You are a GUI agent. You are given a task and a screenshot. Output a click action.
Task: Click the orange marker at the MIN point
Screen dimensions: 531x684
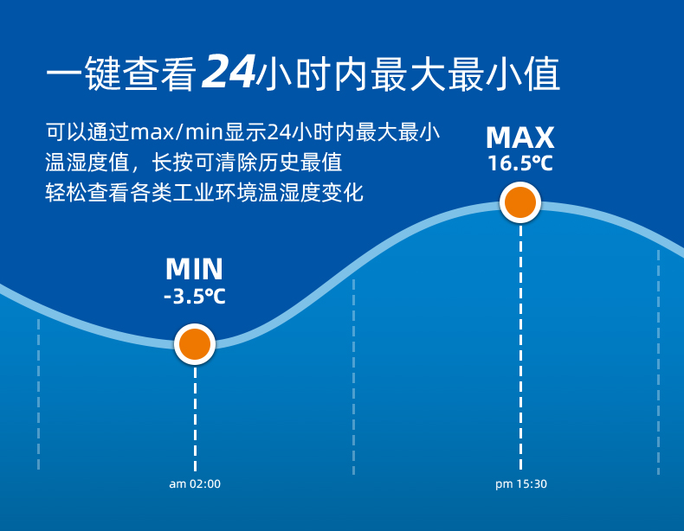click(195, 344)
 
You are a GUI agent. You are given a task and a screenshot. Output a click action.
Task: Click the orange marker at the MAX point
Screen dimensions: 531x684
click(520, 203)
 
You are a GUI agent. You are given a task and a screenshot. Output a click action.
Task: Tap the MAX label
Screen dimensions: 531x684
click(520, 138)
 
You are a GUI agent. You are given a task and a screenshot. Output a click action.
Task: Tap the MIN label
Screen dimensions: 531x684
click(194, 269)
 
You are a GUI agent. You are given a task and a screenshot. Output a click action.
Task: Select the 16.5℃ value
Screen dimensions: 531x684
click(520, 163)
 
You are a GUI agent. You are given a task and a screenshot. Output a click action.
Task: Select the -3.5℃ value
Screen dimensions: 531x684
click(194, 297)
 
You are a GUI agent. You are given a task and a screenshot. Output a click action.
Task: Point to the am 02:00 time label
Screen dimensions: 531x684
click(195, 484)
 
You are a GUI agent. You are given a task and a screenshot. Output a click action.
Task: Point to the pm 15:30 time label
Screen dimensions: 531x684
click(521, 484)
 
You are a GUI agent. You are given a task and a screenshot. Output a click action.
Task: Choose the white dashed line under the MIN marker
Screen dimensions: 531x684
click(195, 415)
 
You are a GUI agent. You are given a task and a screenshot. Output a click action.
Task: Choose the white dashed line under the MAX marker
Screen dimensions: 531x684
click(520, 346)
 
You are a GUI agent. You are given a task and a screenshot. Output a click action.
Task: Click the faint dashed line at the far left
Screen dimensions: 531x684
click(38, 393)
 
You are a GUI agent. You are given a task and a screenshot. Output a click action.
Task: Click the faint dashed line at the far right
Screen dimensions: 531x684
click(658, 363)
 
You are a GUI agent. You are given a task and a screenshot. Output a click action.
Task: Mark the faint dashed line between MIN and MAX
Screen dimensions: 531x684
click(353, 376)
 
